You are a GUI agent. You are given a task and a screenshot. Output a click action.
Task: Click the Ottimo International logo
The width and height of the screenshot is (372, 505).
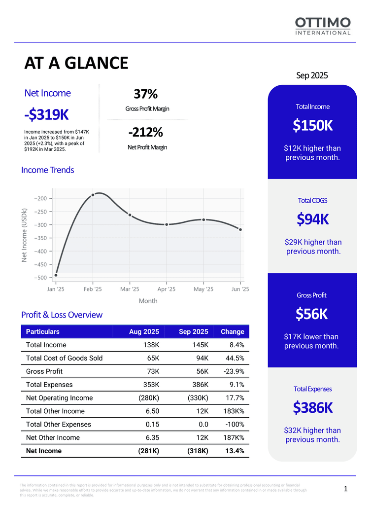(x=323, y=26)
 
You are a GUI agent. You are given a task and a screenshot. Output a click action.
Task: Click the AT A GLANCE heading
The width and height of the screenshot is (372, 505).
(x=76, y=63)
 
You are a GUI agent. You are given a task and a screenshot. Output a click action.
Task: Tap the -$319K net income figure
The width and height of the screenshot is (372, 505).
(x=46, y=114)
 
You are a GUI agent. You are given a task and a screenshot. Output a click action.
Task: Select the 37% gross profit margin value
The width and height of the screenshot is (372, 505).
(x=145, y=94)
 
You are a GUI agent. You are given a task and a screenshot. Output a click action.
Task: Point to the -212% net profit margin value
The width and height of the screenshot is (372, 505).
(x=145, y=132)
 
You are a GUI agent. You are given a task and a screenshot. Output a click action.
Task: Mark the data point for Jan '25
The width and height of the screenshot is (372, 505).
(x=56, y=275)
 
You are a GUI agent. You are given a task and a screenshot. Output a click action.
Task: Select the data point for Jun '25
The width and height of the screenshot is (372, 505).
(x=240, y=229)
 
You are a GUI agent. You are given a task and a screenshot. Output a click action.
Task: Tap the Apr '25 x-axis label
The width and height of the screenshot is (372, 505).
(x=167, y=289)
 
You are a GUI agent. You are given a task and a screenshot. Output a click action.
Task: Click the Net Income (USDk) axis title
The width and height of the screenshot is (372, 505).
(x=24, y=235)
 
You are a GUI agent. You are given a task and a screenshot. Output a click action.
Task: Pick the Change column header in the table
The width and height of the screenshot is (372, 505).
(x=233, y=331)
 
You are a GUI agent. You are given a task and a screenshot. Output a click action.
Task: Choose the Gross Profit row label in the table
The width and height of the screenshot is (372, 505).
(x=44, y=371)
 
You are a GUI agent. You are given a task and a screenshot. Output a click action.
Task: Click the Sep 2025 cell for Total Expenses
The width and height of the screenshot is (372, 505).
(x=199, y=385)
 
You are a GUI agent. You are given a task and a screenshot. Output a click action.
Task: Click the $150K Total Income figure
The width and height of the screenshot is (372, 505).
(x=312, y=126)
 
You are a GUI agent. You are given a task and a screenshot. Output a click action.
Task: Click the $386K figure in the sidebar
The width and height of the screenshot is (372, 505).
(x=312, y=408)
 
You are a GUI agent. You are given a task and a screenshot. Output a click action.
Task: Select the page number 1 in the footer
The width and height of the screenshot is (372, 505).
(x=346, y=489)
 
